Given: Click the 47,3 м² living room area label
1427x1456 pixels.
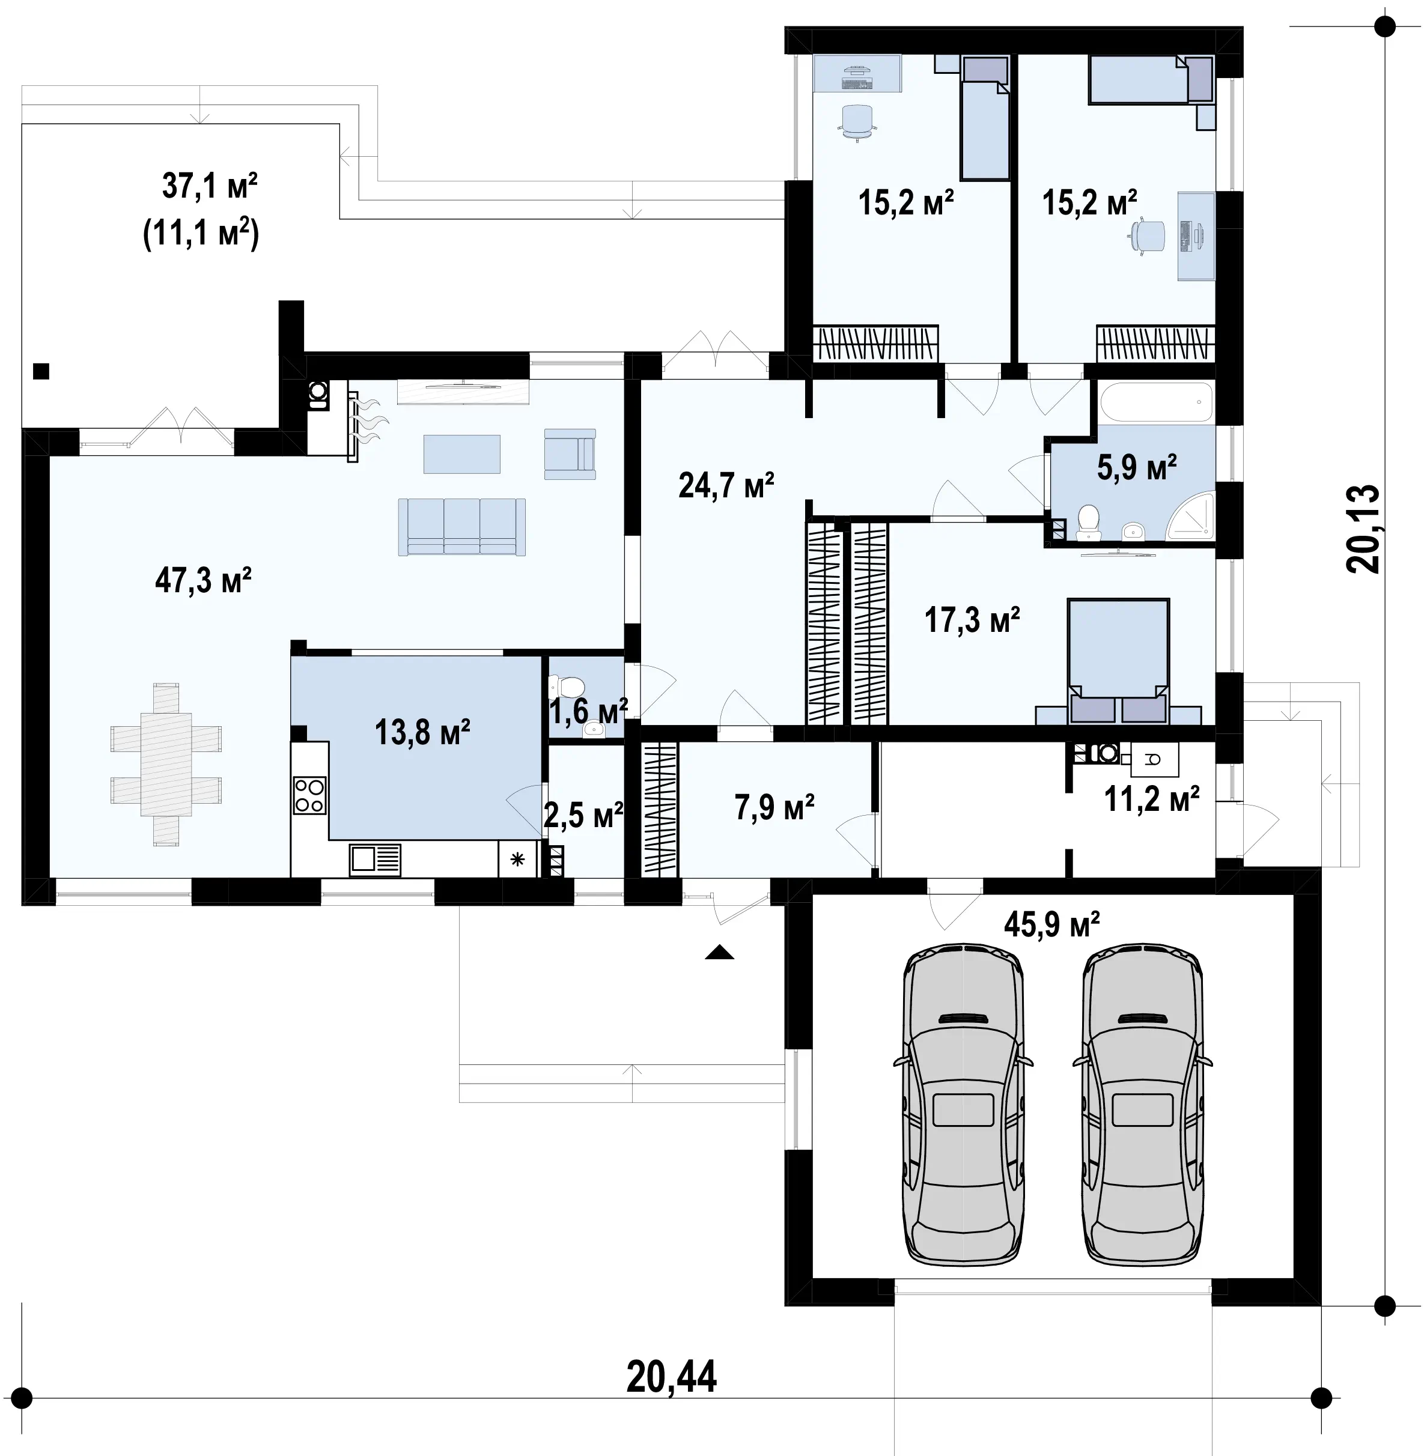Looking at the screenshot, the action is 203,581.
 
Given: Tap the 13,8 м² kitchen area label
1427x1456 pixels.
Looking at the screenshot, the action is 423,732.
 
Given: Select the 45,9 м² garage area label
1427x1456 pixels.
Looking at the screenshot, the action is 1051,924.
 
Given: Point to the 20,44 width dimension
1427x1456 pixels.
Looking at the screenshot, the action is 672,1377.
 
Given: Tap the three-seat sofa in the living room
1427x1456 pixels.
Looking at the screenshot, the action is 461,527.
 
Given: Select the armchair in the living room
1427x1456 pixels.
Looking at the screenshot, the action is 570,454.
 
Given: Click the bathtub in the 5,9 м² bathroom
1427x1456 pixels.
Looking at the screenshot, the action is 1155,402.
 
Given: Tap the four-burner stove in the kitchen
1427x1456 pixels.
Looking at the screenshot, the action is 309,796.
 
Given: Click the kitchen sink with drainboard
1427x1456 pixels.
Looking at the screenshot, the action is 375,860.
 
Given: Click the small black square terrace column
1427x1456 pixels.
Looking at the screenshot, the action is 41,371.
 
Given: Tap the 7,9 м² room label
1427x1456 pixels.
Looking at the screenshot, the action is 774,808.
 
